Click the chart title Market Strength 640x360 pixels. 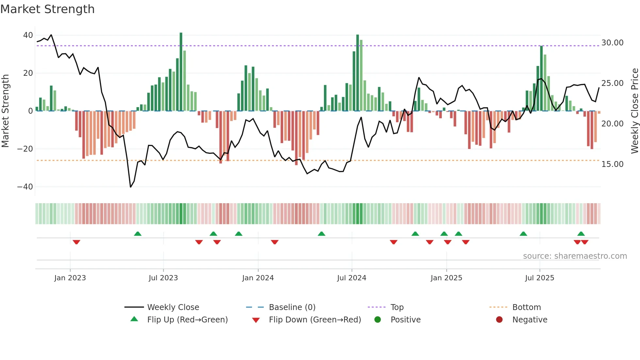[47, 9]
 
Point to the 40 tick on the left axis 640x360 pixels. [28, 35]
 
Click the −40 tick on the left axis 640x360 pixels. [25, 187]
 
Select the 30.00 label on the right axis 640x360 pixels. [612, 43]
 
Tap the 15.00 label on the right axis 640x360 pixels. [612, 164]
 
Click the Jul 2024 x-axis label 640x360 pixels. [351, 278]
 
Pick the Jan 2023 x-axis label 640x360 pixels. [70, 278]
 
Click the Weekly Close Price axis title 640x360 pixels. [634, 111]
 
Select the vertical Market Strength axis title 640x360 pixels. [5, 111]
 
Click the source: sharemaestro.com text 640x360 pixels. [575, 256]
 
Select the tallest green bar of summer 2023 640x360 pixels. [181, 72]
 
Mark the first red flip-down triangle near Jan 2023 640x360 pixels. [76, 242]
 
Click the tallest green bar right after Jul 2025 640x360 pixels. [541, 78]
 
